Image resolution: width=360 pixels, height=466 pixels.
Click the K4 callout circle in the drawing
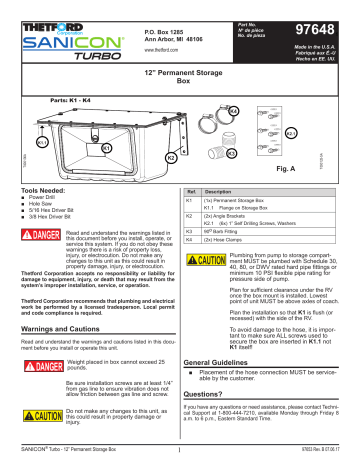coord(232,110)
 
